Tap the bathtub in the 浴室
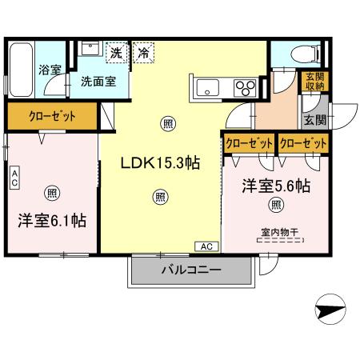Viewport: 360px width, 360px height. pyautogui.click(x=21, y=70)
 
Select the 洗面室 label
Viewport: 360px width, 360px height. pyautogui.click(x=96, y=81)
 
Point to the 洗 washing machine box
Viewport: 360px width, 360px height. pyautogui.click(x=117, y=53)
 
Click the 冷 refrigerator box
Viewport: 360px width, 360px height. pyautogui.click(x=143, y=53)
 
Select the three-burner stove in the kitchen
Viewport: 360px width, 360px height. pyautogui.click(x=244, y=86)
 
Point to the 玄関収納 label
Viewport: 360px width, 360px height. pyautogui.click(x=314, y=82)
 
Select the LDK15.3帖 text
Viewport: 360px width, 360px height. pyautogui.click(x=159, y=162)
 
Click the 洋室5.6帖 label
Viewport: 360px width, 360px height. pyautogui.click(x=276, y=186)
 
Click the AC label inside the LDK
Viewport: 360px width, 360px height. pyautogui.click(x=206, y=246)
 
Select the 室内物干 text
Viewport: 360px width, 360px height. pyautogui.click(x=278, y=232)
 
